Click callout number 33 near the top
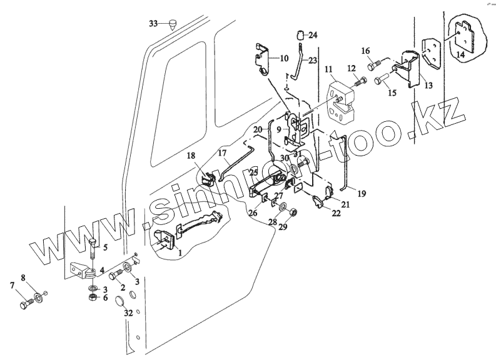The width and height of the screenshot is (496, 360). [154, 24]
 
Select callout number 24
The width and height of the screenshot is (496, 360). [313, 35]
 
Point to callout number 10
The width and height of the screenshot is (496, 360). [284, 58]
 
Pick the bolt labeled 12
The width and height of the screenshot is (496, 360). [359, 80]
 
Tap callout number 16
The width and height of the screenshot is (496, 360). [366, 51]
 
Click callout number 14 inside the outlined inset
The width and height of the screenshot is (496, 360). [460, 55]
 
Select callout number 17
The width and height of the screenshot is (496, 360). [221, 152]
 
